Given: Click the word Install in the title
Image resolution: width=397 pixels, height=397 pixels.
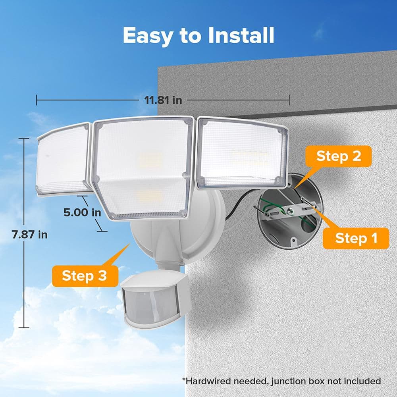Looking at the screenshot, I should click(x=241, y=36).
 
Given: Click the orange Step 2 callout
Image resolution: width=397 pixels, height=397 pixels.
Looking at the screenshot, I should click(x=338, y=156).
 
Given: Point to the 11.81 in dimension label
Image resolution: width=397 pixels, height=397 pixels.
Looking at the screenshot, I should click(x=160, y=100).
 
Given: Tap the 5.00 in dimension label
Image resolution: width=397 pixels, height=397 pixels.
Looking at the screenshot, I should click(x=82, y=212).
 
